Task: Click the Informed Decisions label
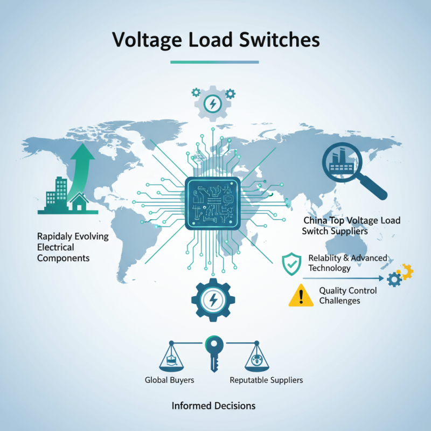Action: [213, 405]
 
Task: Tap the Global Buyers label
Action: [170, 380]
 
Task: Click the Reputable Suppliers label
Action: [266, 380]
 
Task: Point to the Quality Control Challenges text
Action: [347, 295]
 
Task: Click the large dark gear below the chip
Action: [211, 300]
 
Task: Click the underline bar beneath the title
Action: [214, 62]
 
